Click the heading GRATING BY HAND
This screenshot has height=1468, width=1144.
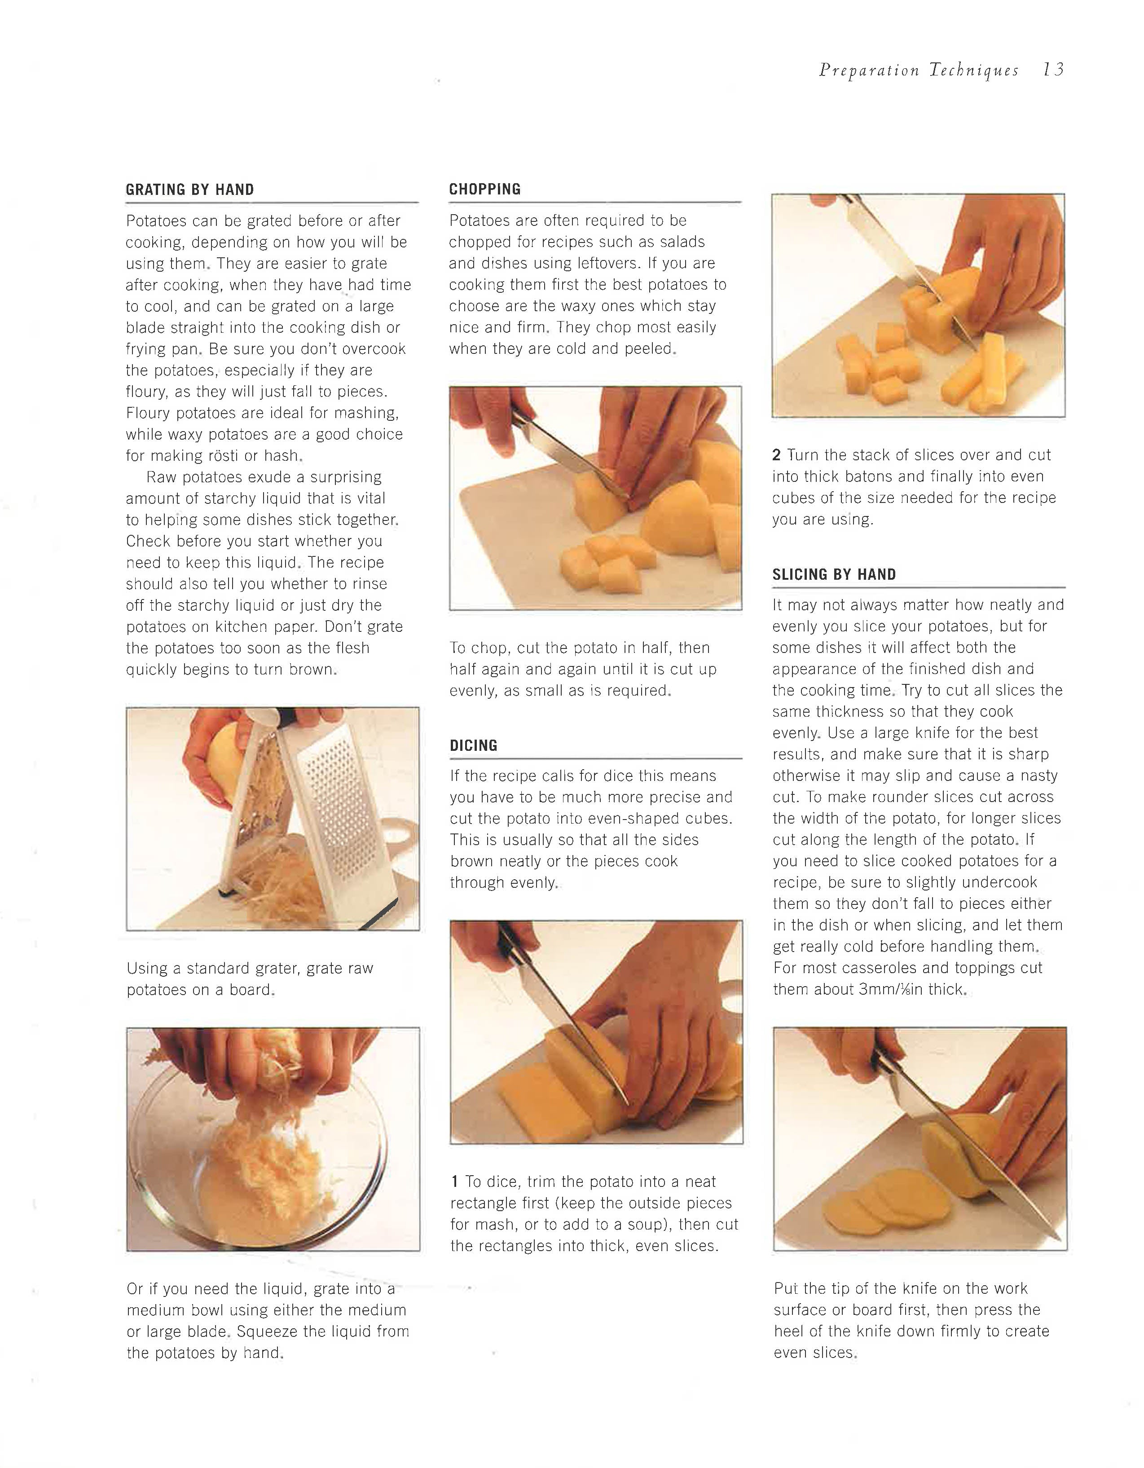coord(189,190)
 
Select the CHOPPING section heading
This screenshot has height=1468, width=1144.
coord(484,189)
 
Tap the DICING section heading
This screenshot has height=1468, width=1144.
coord(474,745)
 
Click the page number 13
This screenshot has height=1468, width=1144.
coord(1054,70)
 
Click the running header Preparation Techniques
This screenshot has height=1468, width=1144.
coord(919,71)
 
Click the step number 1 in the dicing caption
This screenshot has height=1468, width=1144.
coord(455,1181)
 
